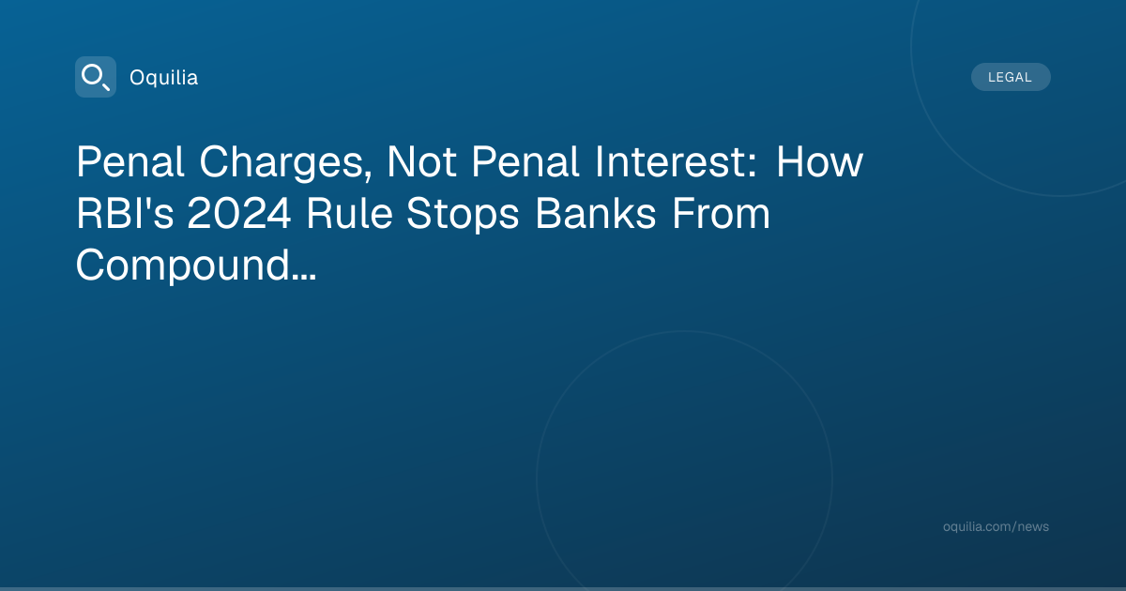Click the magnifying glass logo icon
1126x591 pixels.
point(96,77)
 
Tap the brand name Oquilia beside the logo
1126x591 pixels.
point(164,78)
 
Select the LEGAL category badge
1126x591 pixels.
point(1011,77)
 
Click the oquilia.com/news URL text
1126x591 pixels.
point(996,526)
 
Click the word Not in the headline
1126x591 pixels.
point(421,162)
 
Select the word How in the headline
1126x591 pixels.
point(819,162)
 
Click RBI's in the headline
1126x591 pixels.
point(125,214)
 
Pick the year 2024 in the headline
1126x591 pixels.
point(239,214)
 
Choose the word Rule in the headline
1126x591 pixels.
point(349,214)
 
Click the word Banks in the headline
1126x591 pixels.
point(595,214)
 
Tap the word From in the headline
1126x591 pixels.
point(721,214)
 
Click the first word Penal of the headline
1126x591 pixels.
point(129,162)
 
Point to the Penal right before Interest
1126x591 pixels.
point(525,162)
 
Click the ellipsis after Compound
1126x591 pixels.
point(304,277)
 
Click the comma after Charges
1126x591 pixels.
point(368,175)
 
